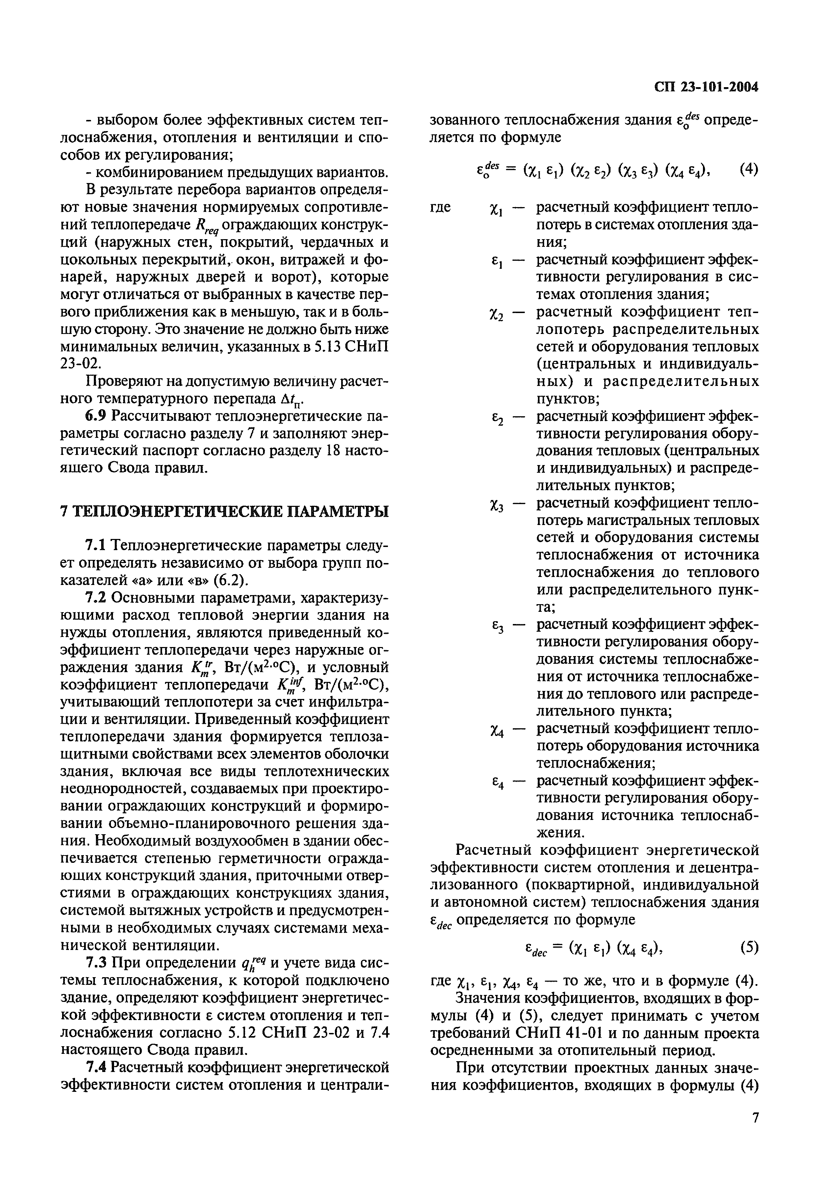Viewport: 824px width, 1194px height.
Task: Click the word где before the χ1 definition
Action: (440, 207)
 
